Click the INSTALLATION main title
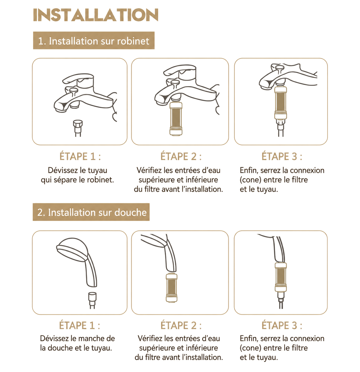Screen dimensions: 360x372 point(96,15)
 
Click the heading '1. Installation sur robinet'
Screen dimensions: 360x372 point(94,41)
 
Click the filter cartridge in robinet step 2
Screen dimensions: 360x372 point(176,119)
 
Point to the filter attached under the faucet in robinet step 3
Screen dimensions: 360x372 point(280,103)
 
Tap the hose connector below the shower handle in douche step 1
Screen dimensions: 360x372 point(92,300)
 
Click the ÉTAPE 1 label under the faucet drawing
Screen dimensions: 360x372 point(80,156)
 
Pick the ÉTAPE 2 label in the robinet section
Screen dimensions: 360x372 point(181,156)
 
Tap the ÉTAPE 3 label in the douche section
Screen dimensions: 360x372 point(282,325)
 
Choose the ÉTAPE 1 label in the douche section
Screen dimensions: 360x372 point(79,325)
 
